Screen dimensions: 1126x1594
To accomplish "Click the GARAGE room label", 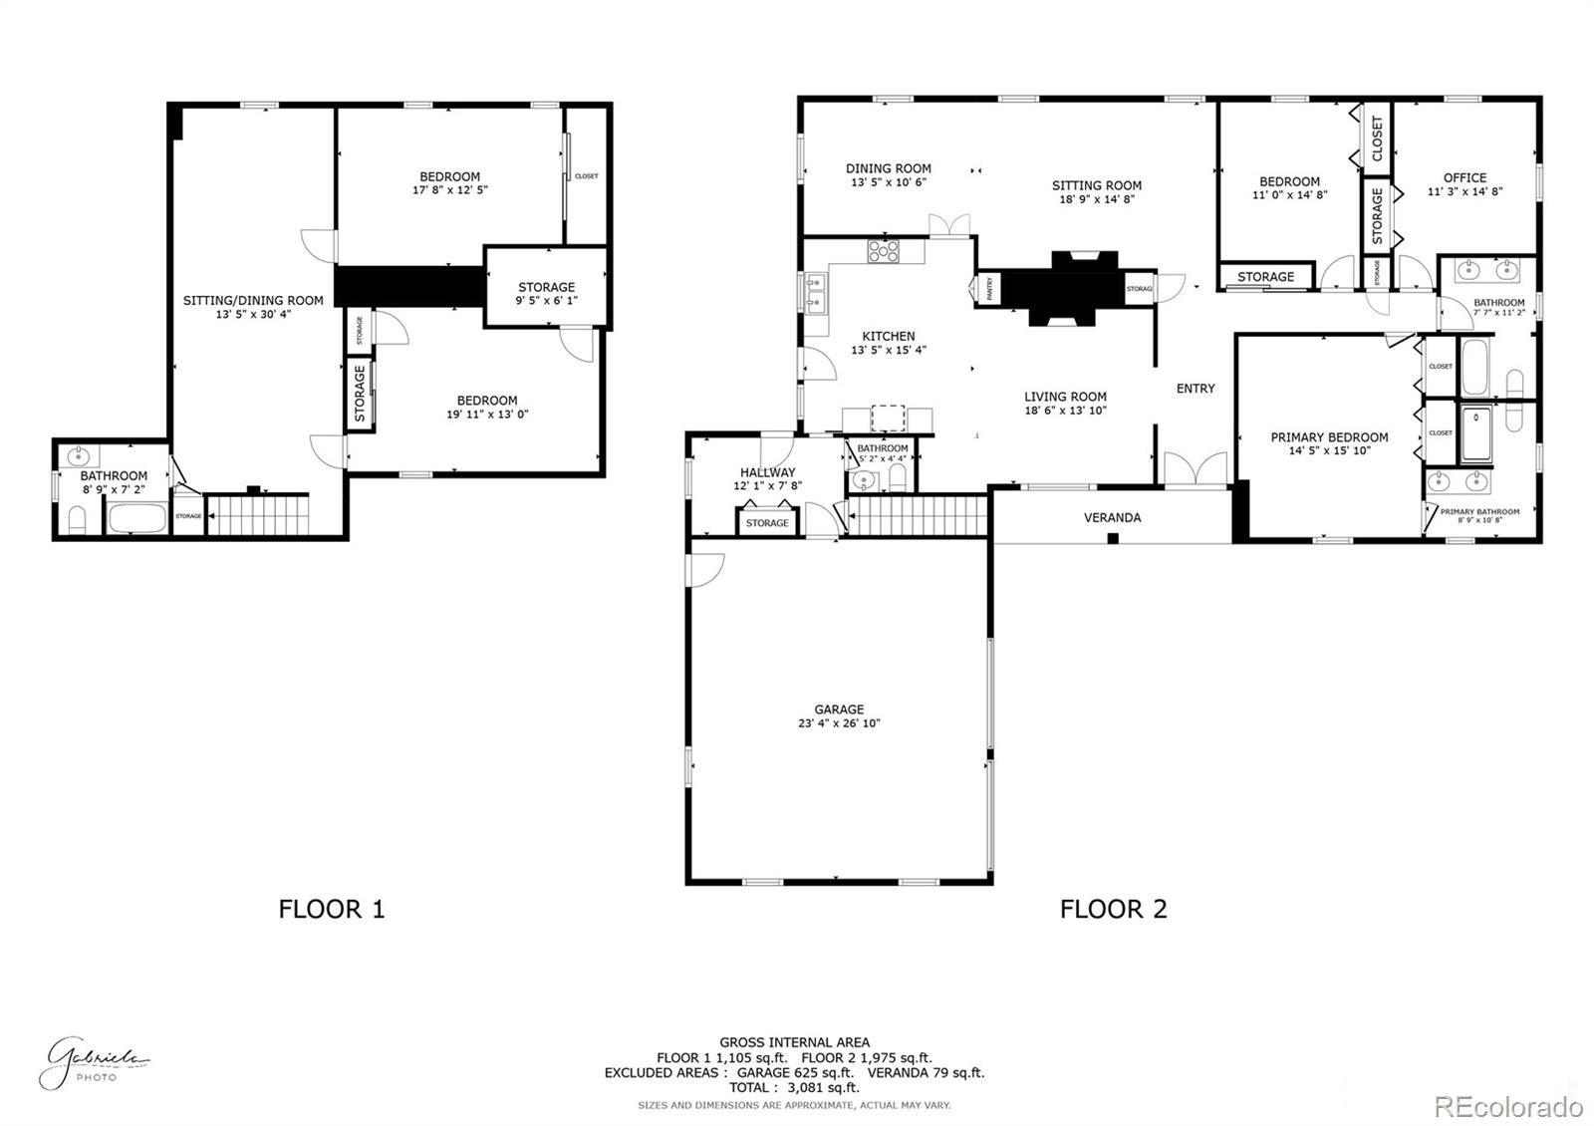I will pos(839,709).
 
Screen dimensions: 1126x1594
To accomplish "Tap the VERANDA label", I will pos(1112,517).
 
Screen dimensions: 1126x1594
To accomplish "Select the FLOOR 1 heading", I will pos(331,909).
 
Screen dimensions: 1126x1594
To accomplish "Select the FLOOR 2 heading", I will pos(1113,909).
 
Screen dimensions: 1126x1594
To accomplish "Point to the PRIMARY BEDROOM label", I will pos(1329,436).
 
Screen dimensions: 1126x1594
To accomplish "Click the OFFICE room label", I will pos(1464,177).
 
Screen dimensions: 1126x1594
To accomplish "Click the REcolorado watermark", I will pos(1507,1106).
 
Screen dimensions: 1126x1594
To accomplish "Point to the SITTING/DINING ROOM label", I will pos(253,300).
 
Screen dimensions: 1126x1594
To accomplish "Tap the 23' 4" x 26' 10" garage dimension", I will pos(839,723).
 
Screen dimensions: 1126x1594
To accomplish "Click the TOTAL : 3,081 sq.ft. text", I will pos(794,1088).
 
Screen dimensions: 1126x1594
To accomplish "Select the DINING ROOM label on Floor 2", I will pos(888,168).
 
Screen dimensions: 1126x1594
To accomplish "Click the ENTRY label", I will pos(1195,389).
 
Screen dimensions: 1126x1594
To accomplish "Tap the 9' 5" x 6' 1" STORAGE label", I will pos(546,300).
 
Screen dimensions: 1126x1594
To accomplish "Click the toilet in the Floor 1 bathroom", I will pos(77,518).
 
